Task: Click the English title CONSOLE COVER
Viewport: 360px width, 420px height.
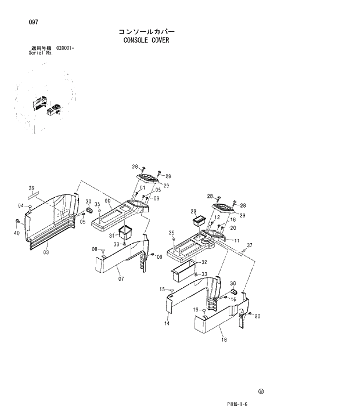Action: click(x=146, y=41)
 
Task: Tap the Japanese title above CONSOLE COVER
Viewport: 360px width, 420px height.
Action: click(x=146, y=31)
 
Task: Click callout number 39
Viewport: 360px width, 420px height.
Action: click(x=32, y=187)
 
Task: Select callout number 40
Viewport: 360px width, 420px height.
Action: click(x=16, y=233)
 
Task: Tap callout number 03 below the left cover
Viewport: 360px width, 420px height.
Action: click(x=46, y=252)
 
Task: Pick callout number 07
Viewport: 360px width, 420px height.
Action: click(x=121, y=279)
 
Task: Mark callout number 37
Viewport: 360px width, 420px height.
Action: click(x=249, y=245)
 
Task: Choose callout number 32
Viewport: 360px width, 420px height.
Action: click(x=204, y=262)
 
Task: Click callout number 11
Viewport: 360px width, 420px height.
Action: click(x=236, y=240)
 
